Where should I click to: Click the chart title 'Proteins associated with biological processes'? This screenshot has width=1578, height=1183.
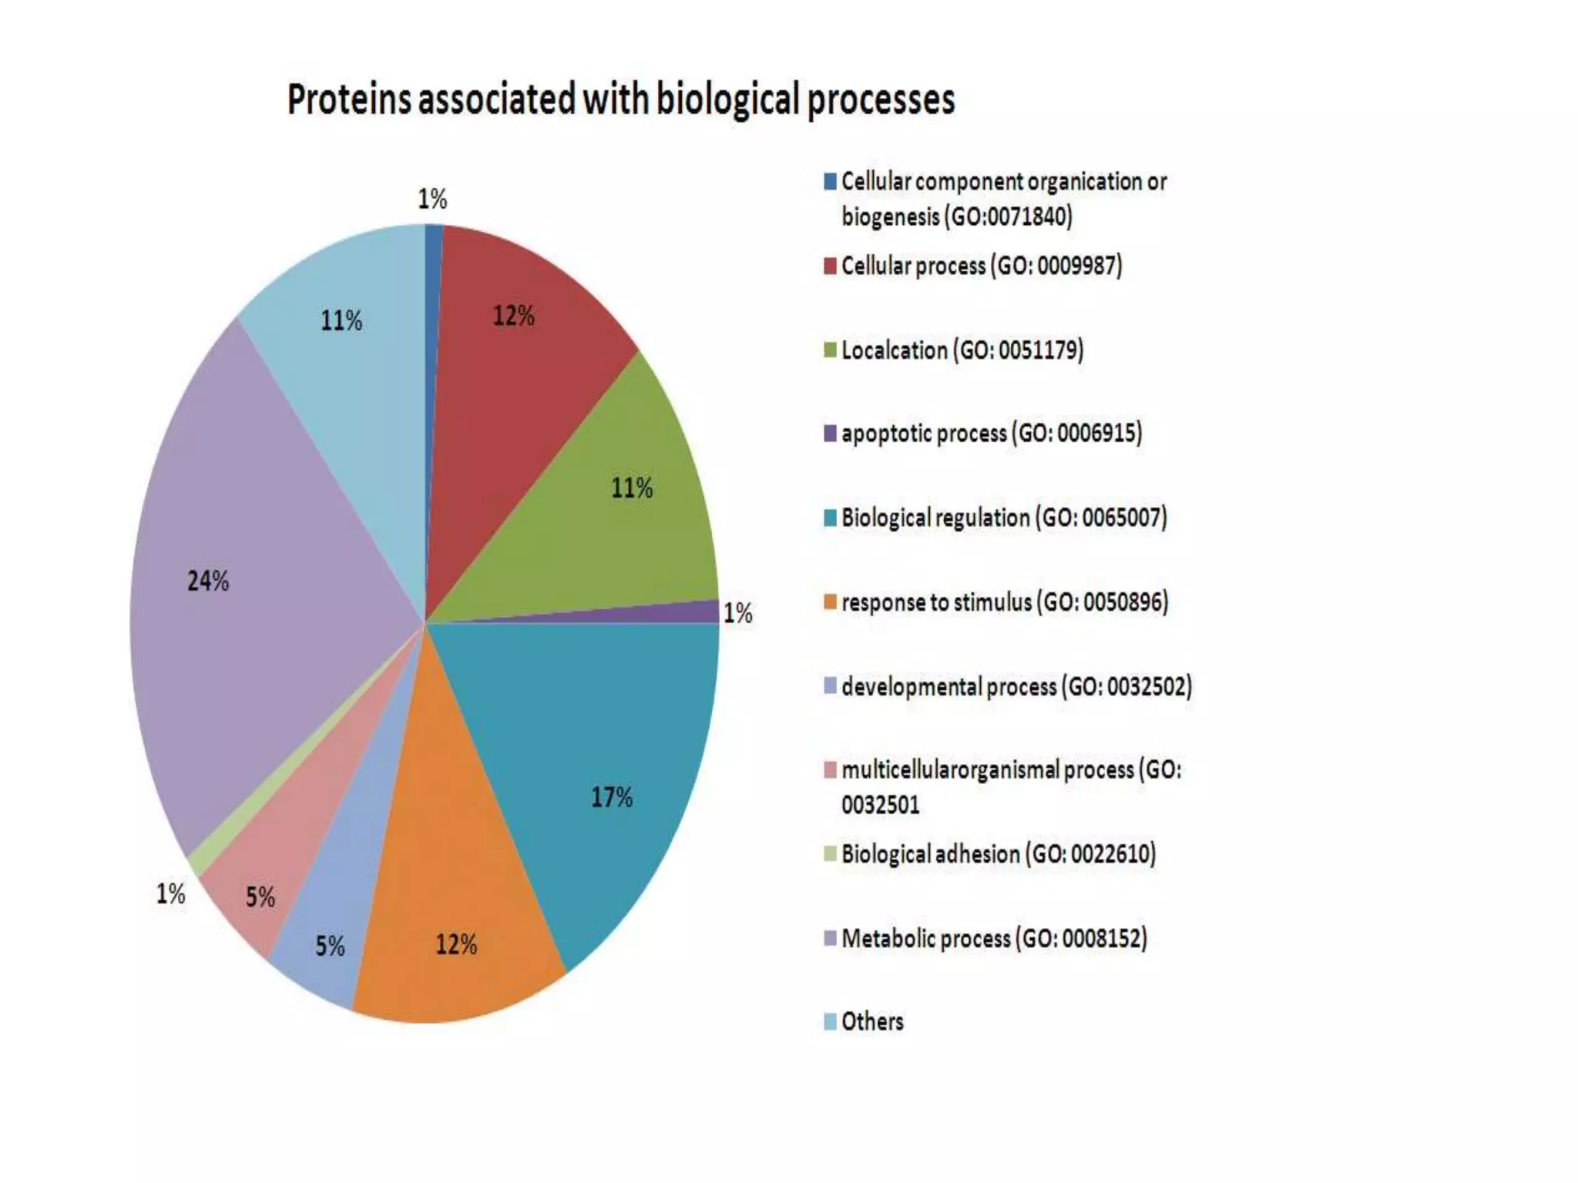point(620,100)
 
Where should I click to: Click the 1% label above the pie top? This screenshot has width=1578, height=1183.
point(432,199)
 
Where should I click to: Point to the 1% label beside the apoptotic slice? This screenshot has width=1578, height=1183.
point(737,613)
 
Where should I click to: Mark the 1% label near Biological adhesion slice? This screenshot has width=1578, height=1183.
point(170,894)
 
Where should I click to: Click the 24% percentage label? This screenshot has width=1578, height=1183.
point(208,581)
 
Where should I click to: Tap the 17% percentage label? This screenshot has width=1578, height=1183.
point(612,797)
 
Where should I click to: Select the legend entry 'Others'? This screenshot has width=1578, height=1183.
point(871,1021)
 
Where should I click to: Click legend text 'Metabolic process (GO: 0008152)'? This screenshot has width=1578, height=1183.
point(994,938)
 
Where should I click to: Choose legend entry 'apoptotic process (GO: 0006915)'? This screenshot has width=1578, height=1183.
point(991,433)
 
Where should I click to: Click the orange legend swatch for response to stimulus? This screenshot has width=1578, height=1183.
point(830,602)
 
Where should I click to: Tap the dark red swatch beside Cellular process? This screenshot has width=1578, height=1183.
point(830,266)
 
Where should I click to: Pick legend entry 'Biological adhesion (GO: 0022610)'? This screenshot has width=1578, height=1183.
point(998,853)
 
